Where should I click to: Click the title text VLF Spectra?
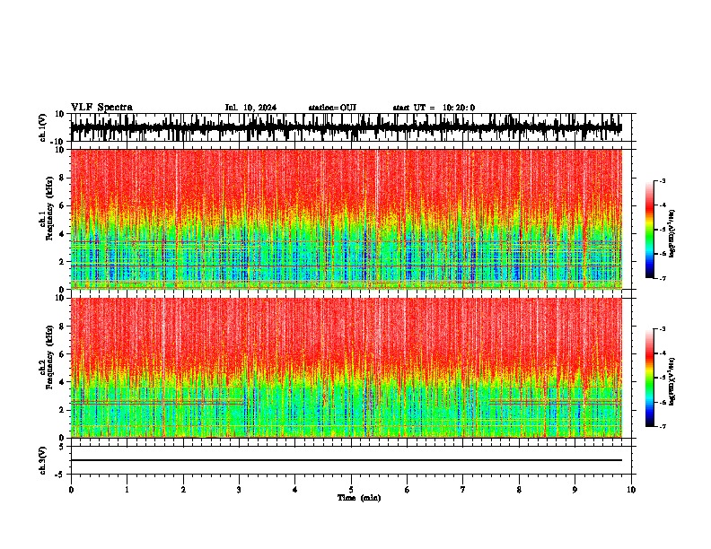(101, 107)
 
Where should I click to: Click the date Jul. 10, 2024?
(250, 108)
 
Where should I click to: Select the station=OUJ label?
(332, 108)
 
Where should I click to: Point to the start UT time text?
(434, 108)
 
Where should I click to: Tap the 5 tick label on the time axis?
(351, 490)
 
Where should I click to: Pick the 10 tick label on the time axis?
(632, 490)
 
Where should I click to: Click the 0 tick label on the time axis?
(71, 490)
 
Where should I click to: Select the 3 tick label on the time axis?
(239, 490)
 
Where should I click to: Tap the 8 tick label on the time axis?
(519, 490)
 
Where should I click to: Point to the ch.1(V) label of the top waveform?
(43, 127)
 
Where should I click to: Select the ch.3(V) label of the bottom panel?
(43, 459)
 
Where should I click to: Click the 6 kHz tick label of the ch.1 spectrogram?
(62, 205)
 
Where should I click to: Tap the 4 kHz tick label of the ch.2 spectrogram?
(62, 381)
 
